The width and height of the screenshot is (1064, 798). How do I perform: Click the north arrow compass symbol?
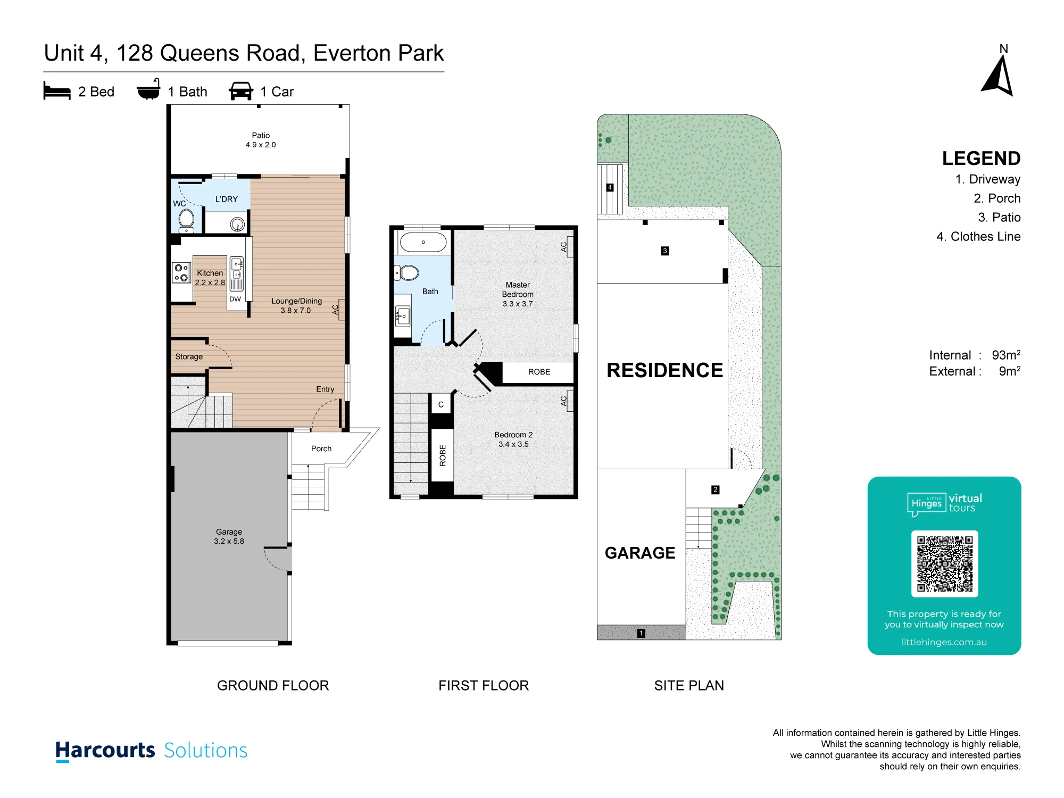[x=998, y=76]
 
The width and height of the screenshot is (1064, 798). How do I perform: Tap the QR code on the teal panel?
[x=944, y=563]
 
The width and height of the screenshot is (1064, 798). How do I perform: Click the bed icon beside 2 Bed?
[x=57, y=91]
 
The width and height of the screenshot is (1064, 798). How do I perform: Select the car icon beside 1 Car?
[x=241, y=91]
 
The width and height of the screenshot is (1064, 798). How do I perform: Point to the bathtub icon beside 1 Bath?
[x=148, y=89]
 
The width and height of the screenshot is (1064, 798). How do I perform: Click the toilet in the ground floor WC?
[x=186, y=221]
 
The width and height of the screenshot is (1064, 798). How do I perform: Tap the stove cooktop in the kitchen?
[x=181, y=273]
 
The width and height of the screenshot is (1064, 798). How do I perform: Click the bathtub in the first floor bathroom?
[x=423, y=242]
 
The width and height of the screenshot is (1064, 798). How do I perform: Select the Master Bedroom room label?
[x=518, y=289]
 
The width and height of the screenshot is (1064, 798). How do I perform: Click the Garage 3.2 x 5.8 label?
[x=229, y=536]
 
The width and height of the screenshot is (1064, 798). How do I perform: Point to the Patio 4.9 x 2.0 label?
[x=261, y=140]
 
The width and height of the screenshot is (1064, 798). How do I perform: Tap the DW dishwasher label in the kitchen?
[x=235, y=299]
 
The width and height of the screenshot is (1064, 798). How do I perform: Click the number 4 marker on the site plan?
[x=610, y=187]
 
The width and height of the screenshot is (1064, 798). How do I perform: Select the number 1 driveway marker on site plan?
[x=641, y=633]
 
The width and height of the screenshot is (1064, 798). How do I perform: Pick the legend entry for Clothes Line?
[x=978, y=237]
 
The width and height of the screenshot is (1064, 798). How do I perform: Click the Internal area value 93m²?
[x=1006, y=355]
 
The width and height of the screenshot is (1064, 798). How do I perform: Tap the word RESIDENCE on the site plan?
[x=664, y=370]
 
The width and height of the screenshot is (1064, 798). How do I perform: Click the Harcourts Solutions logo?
[x=152, y=751]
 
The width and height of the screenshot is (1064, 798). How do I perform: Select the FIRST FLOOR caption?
[x=484, y=685]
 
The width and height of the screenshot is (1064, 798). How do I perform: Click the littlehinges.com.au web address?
[x=944, y=642]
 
